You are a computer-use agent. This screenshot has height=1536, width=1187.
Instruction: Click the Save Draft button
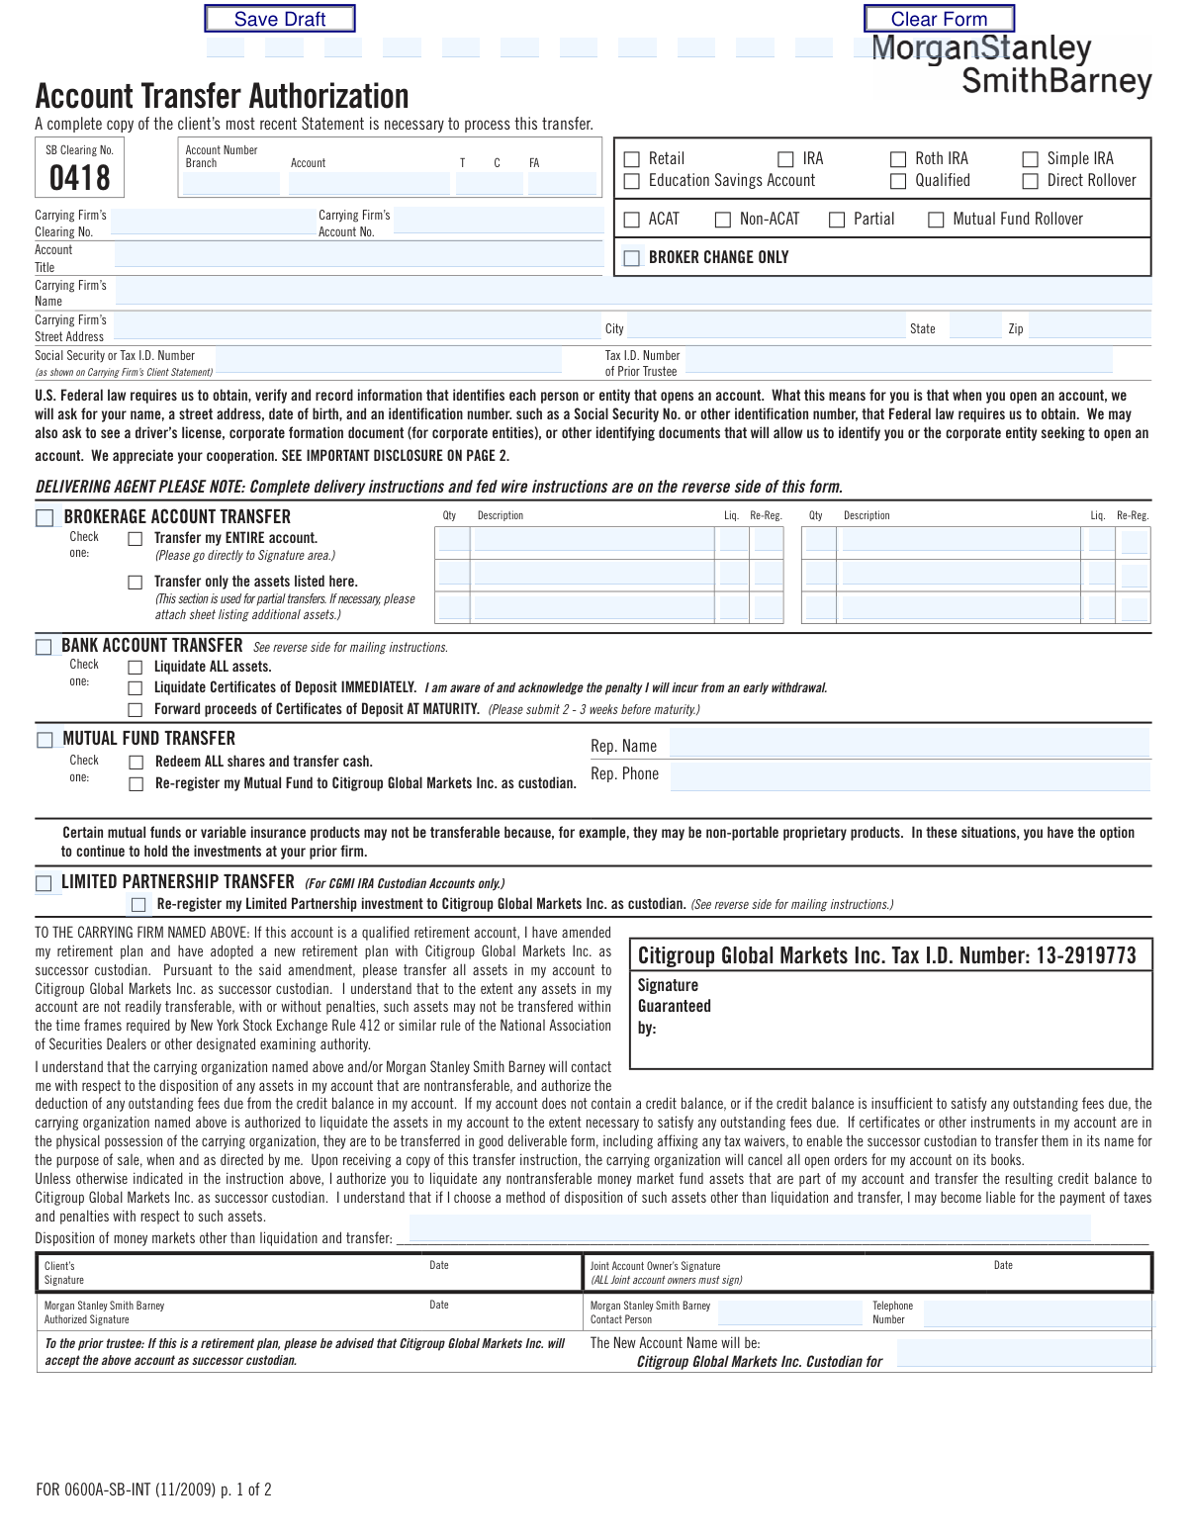point(279,19)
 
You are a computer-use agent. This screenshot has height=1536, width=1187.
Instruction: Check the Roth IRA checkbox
point(898,159)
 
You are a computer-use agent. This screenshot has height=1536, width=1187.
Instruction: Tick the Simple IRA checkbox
point(1030,159)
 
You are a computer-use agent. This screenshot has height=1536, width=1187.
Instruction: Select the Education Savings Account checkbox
point(632,181)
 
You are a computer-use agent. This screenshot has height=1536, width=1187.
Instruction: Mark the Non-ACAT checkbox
point(723,220)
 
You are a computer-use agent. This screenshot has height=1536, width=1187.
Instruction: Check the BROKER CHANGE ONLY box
point(632,258)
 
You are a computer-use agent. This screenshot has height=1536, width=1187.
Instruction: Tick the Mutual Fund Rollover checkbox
point(936,220)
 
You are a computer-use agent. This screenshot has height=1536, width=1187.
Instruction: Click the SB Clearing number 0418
point(80,178)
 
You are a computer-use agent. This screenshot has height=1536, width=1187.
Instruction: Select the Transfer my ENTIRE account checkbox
point(136,539)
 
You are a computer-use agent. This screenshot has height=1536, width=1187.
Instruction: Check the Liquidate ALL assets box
point(136,668)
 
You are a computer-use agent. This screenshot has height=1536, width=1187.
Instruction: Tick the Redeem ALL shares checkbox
point(137,763)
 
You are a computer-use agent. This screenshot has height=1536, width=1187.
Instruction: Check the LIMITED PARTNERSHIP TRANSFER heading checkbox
point(45,883)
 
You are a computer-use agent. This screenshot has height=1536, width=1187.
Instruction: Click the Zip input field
point(1089,328)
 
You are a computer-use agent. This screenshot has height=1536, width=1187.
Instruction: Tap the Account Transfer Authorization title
point(222,96)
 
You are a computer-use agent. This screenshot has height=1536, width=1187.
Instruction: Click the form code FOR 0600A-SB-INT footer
point(153,1490)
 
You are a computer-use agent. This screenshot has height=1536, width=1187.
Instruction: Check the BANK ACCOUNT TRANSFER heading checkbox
point(45,647)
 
